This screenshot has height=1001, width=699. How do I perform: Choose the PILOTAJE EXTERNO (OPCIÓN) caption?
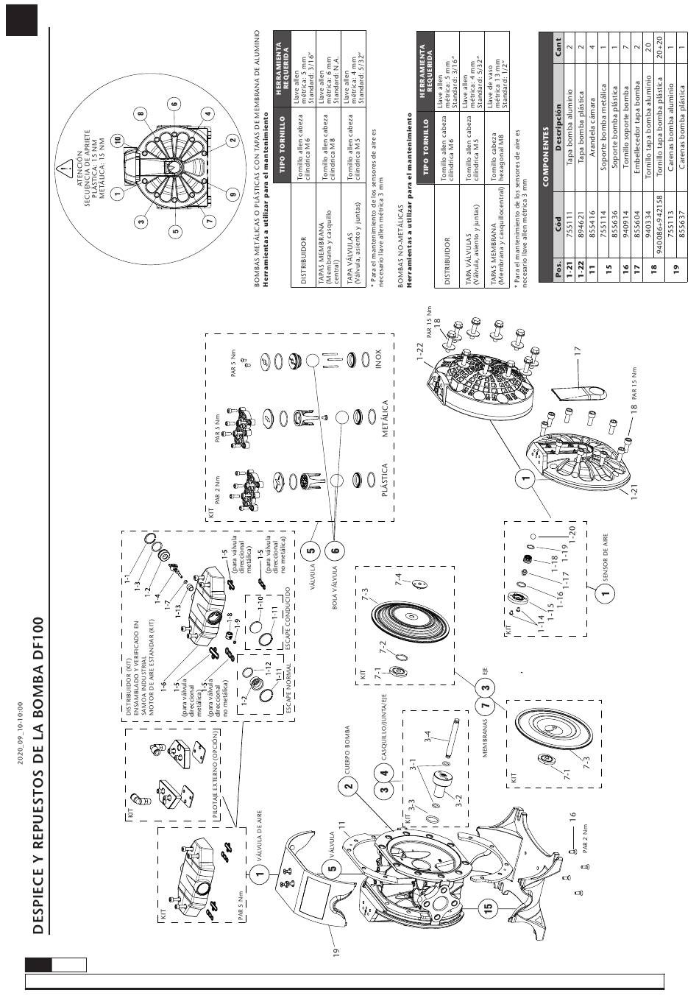click(215, 774)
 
